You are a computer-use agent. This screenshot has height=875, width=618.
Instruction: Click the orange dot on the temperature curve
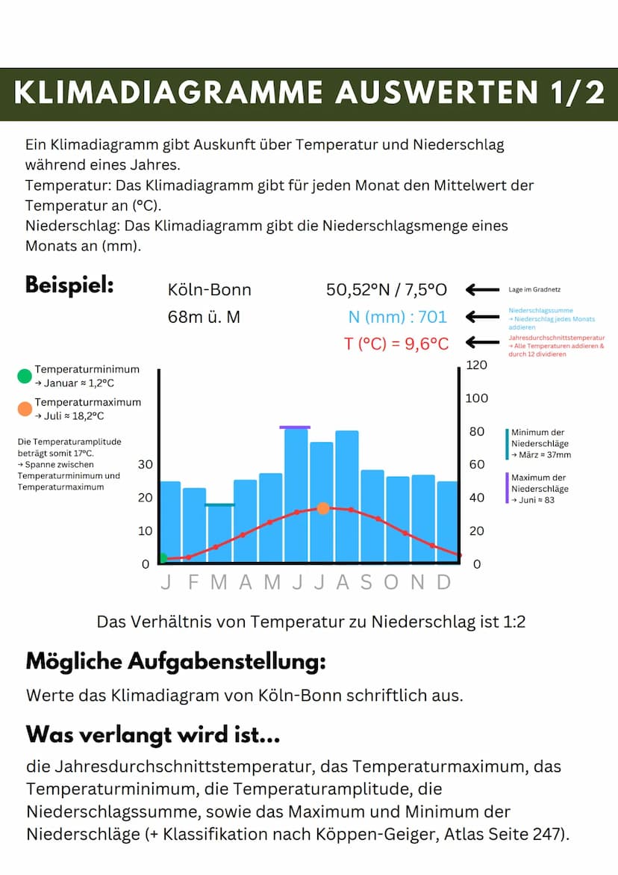click(x=322, y=508)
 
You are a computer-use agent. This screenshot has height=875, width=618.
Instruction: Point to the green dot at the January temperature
click(x=162, y=558)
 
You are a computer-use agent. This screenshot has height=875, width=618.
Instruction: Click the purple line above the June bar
click(x=295, y=427)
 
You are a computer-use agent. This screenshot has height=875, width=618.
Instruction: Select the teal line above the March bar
click(x=219, y=505)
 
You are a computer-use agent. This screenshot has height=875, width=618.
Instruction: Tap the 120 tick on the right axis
click(x=476, y=365)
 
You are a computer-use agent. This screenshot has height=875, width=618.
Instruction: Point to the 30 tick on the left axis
click(x=146, y=464)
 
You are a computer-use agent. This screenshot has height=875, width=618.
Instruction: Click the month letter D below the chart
click(x=444, y=583)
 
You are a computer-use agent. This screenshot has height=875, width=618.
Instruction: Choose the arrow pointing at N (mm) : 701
click(x=484, y=317)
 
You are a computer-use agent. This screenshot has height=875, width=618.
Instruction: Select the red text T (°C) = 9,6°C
click(x=396, y=344)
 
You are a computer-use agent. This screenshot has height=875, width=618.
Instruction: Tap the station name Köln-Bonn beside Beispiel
click(x=210, y=290)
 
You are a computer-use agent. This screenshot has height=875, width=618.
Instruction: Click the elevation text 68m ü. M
click(x=204, y=317)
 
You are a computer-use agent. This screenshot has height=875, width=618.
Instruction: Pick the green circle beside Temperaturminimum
click(x=25, y=376)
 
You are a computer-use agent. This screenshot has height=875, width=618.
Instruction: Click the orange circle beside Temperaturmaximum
click(x=25, y=409)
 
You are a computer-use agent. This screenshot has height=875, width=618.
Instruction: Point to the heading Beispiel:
click(x=69, y=285)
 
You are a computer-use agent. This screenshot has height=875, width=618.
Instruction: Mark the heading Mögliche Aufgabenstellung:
click(x=175, y=661)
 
